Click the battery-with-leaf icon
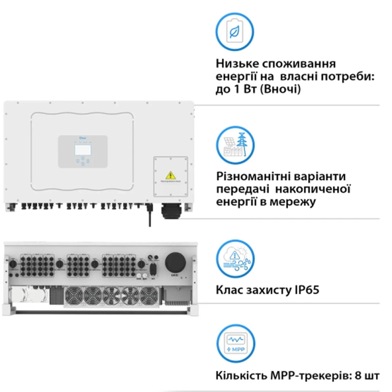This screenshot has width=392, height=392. [236, 30]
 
